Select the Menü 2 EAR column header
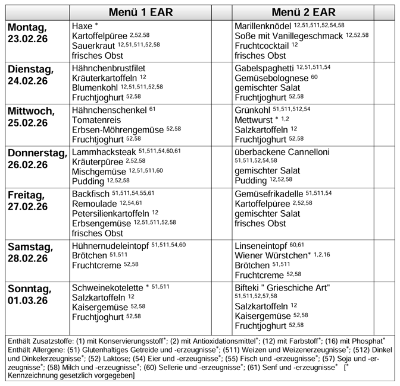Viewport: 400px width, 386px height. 304,12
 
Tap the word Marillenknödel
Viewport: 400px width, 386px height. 262,27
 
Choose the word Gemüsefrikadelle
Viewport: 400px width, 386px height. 269,194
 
